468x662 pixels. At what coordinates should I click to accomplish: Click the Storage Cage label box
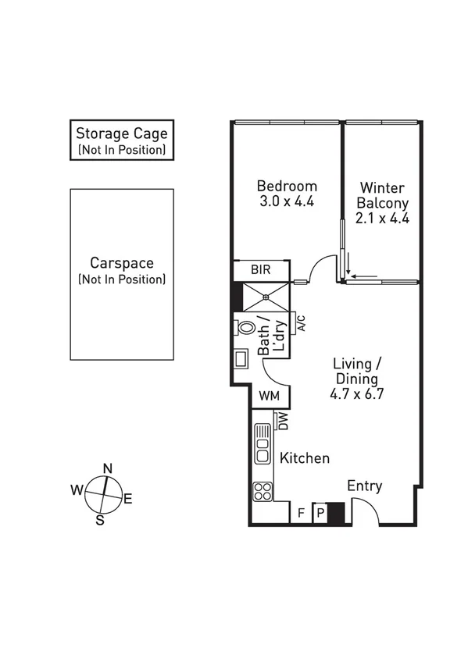(x=121, y=141)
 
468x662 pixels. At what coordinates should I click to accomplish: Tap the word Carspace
(x=121, y=263)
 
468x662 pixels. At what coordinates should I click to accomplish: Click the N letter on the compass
(x=108, y=468)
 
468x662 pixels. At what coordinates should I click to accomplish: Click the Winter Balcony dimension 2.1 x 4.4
(x=382, y=218)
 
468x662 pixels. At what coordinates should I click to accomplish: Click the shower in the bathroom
(x=267, y=297)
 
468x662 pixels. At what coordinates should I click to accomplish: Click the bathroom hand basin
(x=241, y=360)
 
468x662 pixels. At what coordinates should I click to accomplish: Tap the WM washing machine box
(x=269, y=396)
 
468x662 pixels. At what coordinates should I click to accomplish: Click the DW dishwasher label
(x=284, y=422)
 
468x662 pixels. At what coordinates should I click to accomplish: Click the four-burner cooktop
(x=263, y=492)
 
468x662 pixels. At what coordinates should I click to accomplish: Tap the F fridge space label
(x=301, y=513)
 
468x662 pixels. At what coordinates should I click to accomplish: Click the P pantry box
(x=320, y=513)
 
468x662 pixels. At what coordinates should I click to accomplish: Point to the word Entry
(x=365, y=486)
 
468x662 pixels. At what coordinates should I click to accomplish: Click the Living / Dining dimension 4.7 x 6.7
(x=357, y=393)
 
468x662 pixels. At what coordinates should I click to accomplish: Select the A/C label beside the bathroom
(x=299, y=322)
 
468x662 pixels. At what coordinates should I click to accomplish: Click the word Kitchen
(x=305, y=458)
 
